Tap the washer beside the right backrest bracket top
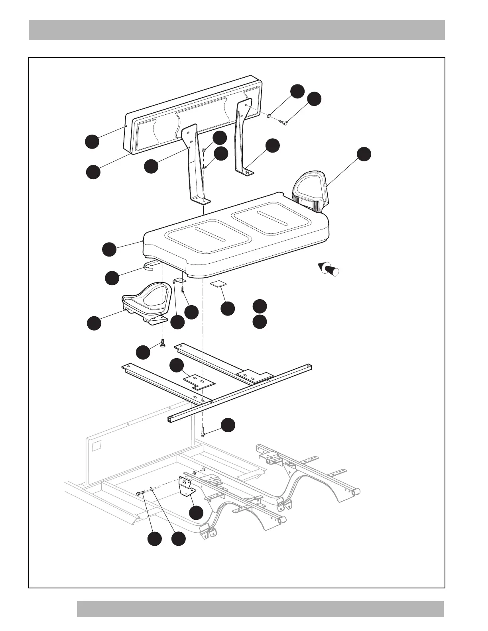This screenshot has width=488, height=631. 269,116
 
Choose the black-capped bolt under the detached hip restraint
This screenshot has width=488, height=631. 163,343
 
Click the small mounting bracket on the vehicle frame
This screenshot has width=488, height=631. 186,487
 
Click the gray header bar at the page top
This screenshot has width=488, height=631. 236,30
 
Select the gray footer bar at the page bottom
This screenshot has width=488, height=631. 260,609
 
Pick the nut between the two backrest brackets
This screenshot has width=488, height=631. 203,150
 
